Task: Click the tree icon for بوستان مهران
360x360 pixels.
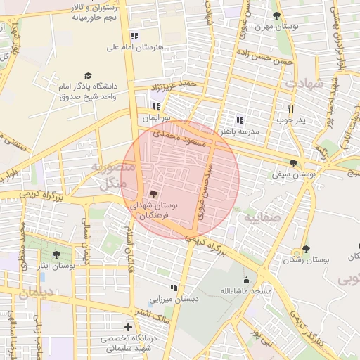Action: click(x=276, y=15)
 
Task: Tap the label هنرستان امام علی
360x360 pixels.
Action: click(x=134, y=47)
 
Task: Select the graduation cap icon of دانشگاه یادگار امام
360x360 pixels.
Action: click(x=88, y=75)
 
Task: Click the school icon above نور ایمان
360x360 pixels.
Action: click(x=155, y=106)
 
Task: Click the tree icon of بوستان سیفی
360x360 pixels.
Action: click(x=293, y=163)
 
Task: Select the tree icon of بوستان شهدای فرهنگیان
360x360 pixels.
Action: click(x=153, y=193)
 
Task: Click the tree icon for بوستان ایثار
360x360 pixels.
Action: click(x=56, y=255)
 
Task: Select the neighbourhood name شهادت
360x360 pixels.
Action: click(x=304, y=83)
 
